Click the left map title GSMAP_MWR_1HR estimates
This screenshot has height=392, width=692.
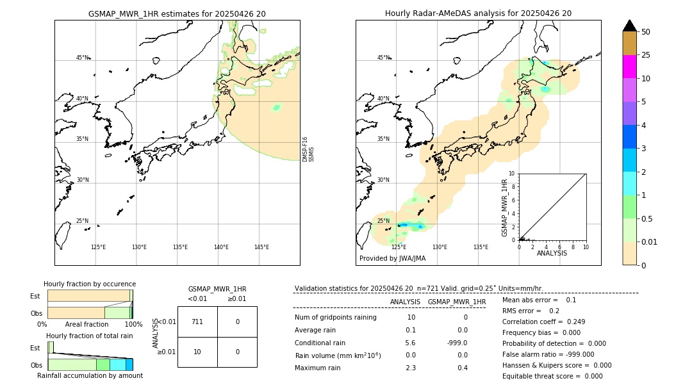tap(177, 13)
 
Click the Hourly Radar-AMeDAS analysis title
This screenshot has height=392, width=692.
tap(478, 13)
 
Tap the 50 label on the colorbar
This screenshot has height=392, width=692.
tap(646, 32)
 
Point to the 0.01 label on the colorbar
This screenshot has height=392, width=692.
tap(650, 242)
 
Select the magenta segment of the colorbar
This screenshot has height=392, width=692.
tap(629, 67)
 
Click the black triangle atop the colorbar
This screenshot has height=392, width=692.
tap(629, 26)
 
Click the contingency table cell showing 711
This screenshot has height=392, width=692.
tap(197, 322)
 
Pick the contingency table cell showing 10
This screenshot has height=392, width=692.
tap(197, 352)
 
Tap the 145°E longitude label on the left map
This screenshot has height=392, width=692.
tap(261, 247)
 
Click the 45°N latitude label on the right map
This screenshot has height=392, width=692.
tap(383, 58)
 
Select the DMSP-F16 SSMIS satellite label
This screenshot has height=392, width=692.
tap(308, 149)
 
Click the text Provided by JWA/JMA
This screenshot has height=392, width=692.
tap(392, 258)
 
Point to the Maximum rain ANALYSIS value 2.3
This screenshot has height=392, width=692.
tap(411, 368)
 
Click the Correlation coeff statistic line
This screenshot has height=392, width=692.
tap(543, 322)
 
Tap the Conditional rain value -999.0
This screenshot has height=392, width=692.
tap(457, 343)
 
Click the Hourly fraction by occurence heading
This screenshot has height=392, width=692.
tap(90, 284)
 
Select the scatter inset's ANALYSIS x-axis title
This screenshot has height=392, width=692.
tap(552, 253)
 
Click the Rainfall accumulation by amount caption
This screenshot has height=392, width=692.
tap(90, 375)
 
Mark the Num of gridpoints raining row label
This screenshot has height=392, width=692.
tap(336, 317)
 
